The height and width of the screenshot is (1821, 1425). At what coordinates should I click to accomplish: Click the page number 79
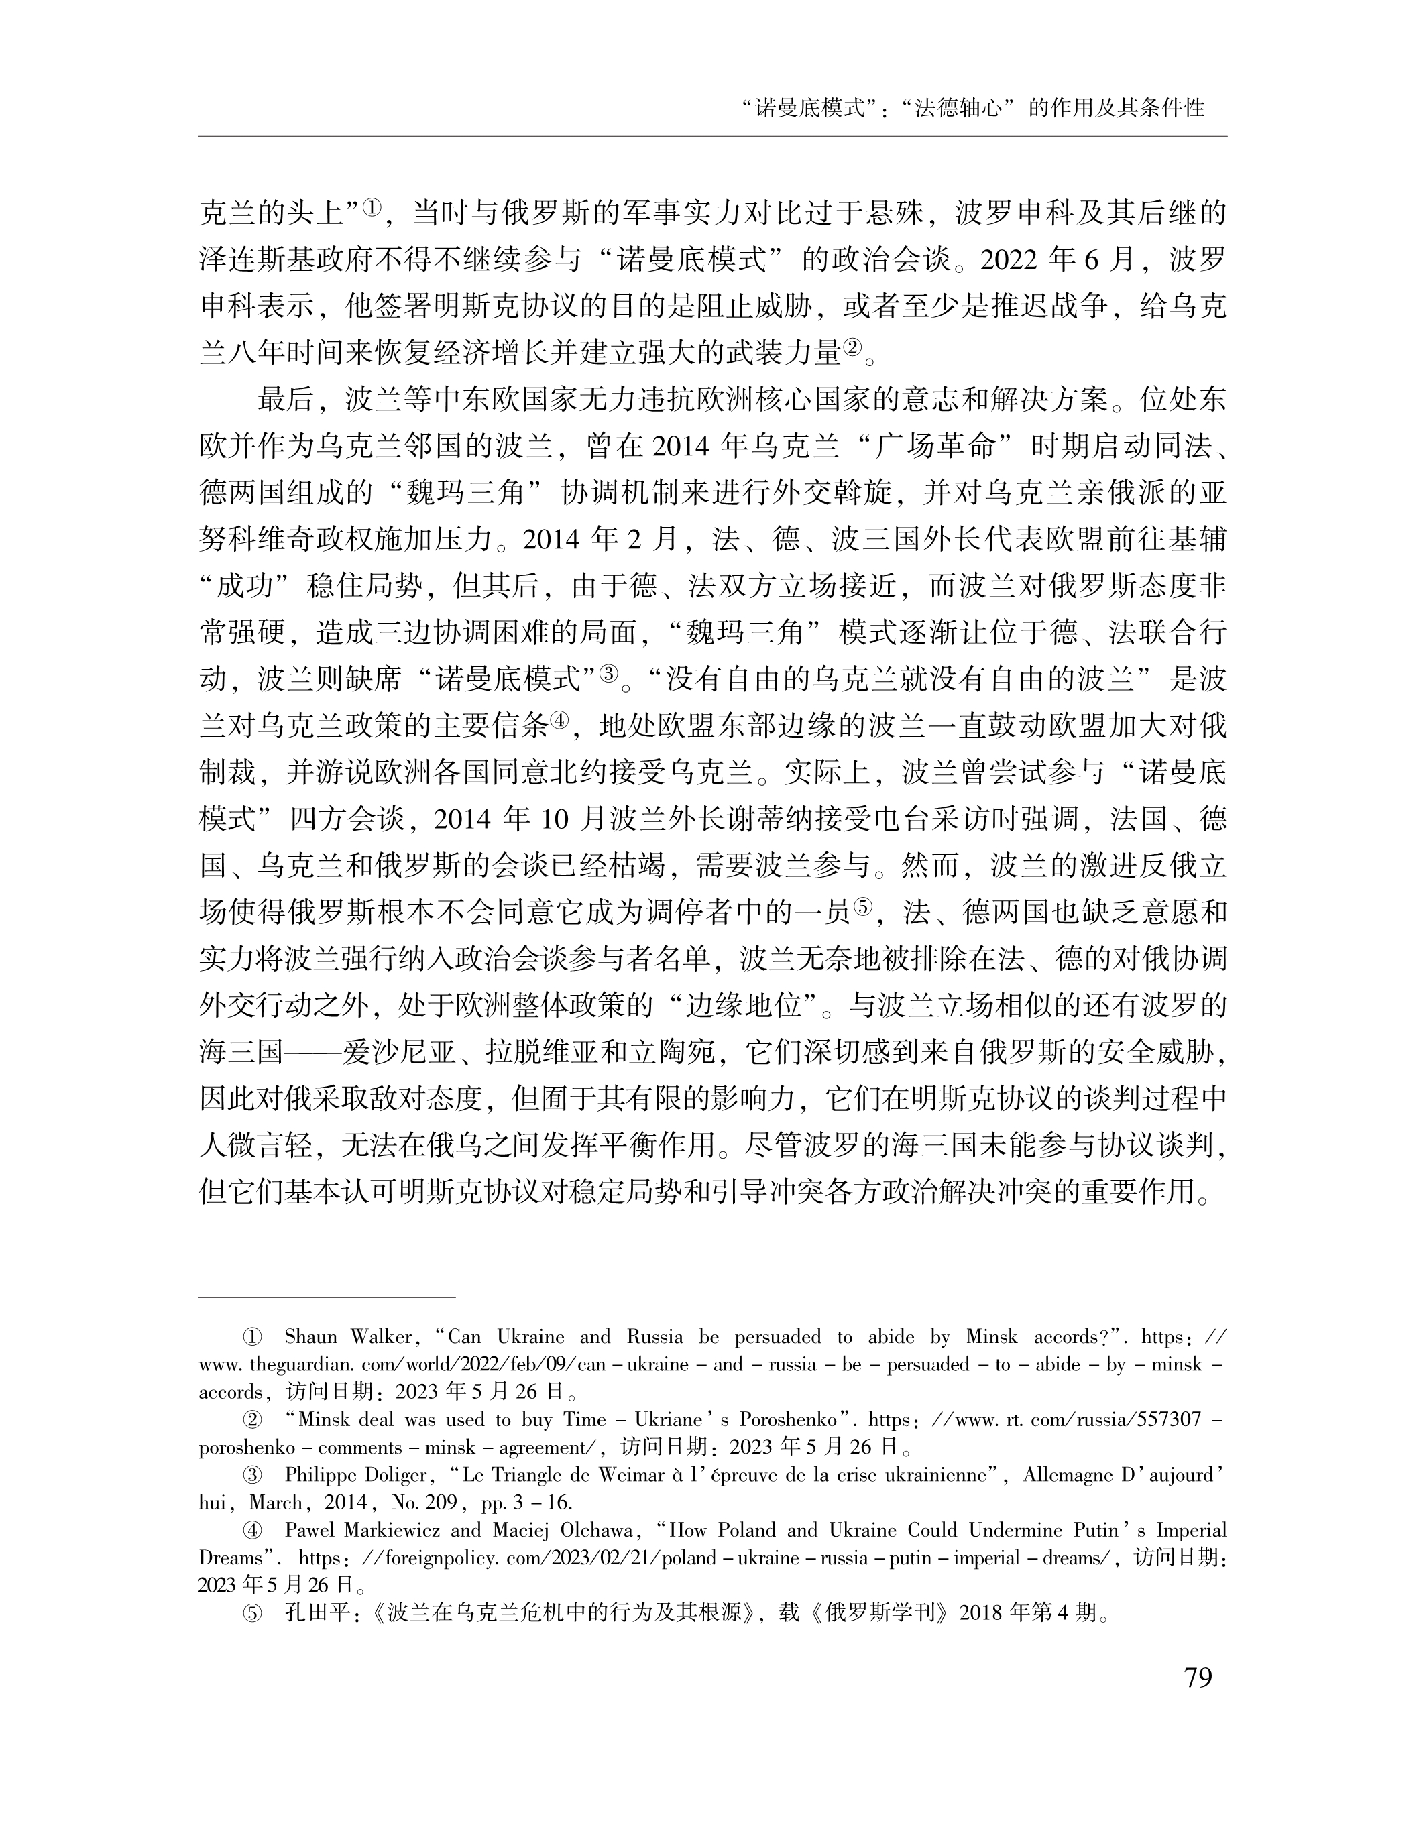(x=1197, y=1677)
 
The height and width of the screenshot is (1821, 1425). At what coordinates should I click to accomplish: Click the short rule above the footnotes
(x=327, y=1298)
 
